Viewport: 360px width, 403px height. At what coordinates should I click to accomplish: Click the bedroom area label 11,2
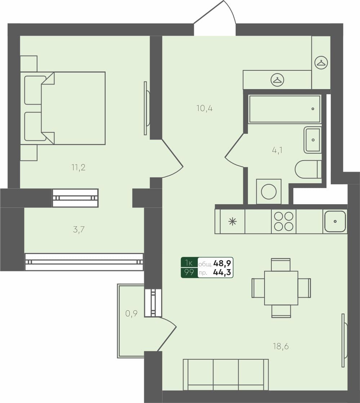pos(78,167)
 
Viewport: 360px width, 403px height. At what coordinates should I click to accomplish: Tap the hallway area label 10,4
pos(204,108)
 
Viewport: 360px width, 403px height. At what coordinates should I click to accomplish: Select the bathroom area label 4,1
pos(277,150)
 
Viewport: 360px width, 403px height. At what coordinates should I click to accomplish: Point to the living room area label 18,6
pos(281,346)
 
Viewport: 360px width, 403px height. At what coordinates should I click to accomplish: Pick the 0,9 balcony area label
pos(131,314)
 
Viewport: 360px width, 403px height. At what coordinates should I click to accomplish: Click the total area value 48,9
pos(222,263)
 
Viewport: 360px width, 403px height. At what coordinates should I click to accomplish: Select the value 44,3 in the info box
pos(222,272)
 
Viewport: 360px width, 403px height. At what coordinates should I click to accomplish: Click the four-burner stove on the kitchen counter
pos(284,221)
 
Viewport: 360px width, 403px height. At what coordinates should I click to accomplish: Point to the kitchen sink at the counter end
pos(335,221)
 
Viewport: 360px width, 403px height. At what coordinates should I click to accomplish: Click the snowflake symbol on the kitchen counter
pos(232,222)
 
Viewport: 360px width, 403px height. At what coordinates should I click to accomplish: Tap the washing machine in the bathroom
pos(269,191)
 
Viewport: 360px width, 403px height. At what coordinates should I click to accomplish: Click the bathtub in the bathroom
pos(284,109)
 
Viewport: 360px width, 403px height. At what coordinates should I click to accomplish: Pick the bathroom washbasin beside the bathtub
pos(312,140)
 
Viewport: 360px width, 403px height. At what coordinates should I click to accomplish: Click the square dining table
pos(281,288)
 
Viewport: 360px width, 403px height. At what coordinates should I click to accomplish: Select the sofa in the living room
pos(226,374)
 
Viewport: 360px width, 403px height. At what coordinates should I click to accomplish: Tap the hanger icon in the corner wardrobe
pos(321,63)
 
